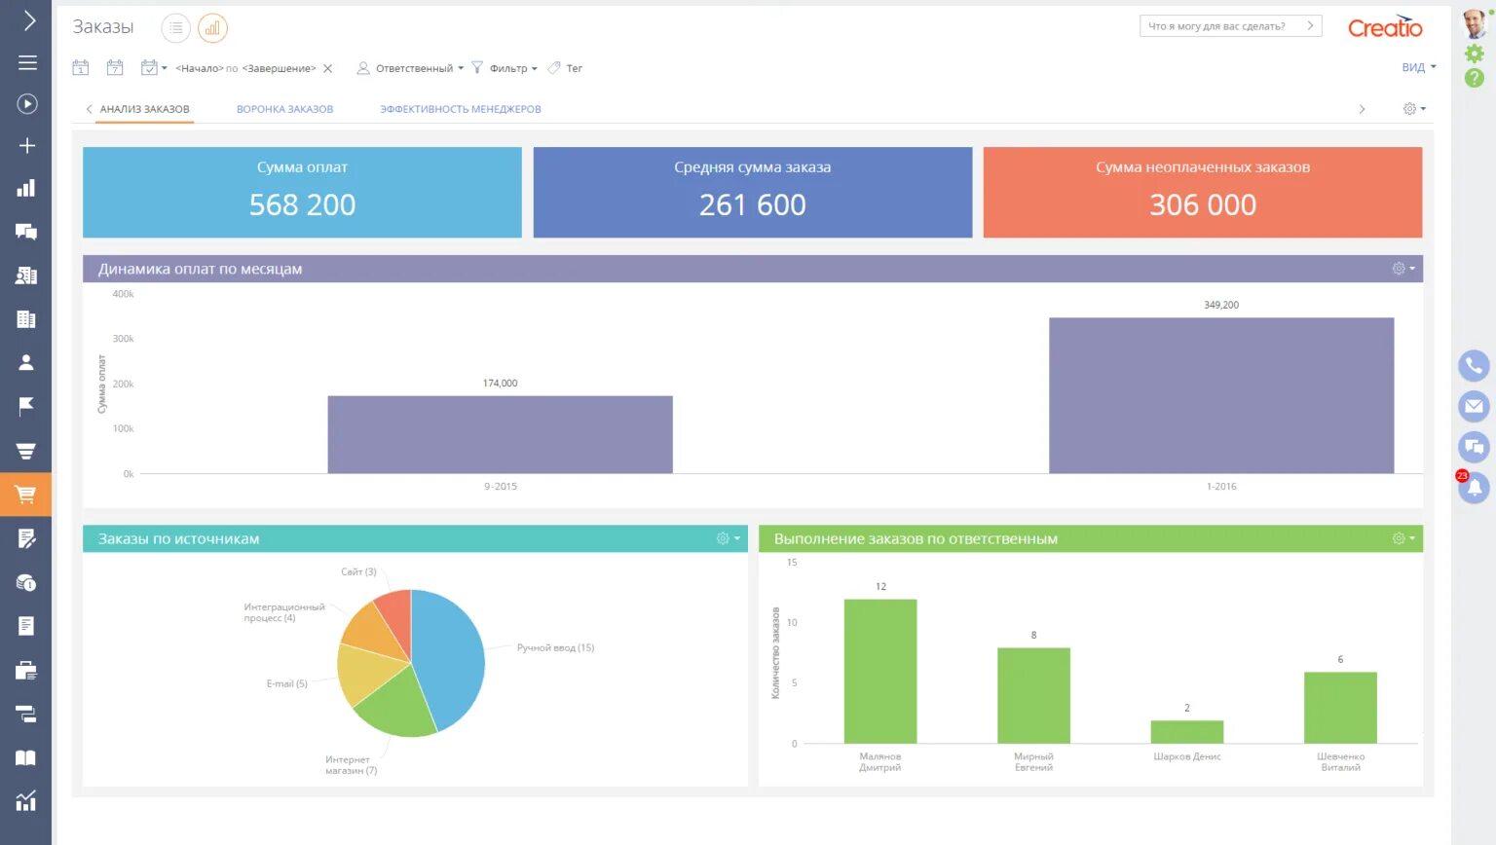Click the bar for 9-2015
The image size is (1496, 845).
pos(500,434)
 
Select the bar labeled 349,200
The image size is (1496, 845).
pos(1220,395)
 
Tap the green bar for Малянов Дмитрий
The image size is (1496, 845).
pos(879,671)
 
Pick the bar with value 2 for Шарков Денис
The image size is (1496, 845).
pos(1186,732)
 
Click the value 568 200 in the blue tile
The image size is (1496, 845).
pos(302,205)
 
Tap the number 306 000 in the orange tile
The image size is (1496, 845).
pos(1202,205)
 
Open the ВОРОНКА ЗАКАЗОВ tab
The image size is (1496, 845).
pos(284,109)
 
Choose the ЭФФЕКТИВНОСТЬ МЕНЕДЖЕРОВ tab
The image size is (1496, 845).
pos(460,109)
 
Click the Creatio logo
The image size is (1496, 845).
pos(1384,27)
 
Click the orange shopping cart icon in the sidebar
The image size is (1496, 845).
pos(25,495)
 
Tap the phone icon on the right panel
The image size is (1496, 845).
pos(1474,366)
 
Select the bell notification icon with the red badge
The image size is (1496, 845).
pos(1474,487)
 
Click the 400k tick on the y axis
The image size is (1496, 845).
pos(124,294)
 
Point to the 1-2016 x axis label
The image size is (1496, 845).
pos(1220,487)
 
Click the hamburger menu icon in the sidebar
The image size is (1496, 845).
pos(27,62)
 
